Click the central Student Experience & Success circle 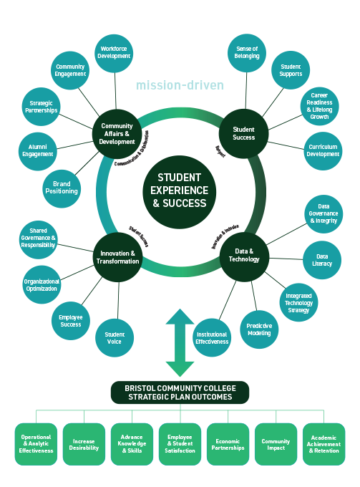click(x=179, y=190)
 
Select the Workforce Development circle click(x=114, y=52)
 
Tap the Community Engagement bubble click(x=70, y=69)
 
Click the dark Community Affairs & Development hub click(x=117, y=132)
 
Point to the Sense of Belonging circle click(x=247, y=53)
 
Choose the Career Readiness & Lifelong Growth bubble click(x=319, y=106)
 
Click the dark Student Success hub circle click(x=243, y=132)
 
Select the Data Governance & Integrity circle click(x=323, y=213)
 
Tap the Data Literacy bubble click(x=322, y=260)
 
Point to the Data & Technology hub click(x=243, y=254)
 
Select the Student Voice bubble click(x=115, y=337)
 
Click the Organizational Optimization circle click(x=42, y=281)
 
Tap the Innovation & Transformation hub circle click(x=117, y=256)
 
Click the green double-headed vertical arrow click(x=180, y=342)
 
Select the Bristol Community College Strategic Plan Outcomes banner click(x=180, y=392)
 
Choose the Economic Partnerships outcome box click(x=228, y=444)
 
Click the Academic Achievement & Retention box click(x=323, y=444)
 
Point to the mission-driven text click(x=180, y=86)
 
